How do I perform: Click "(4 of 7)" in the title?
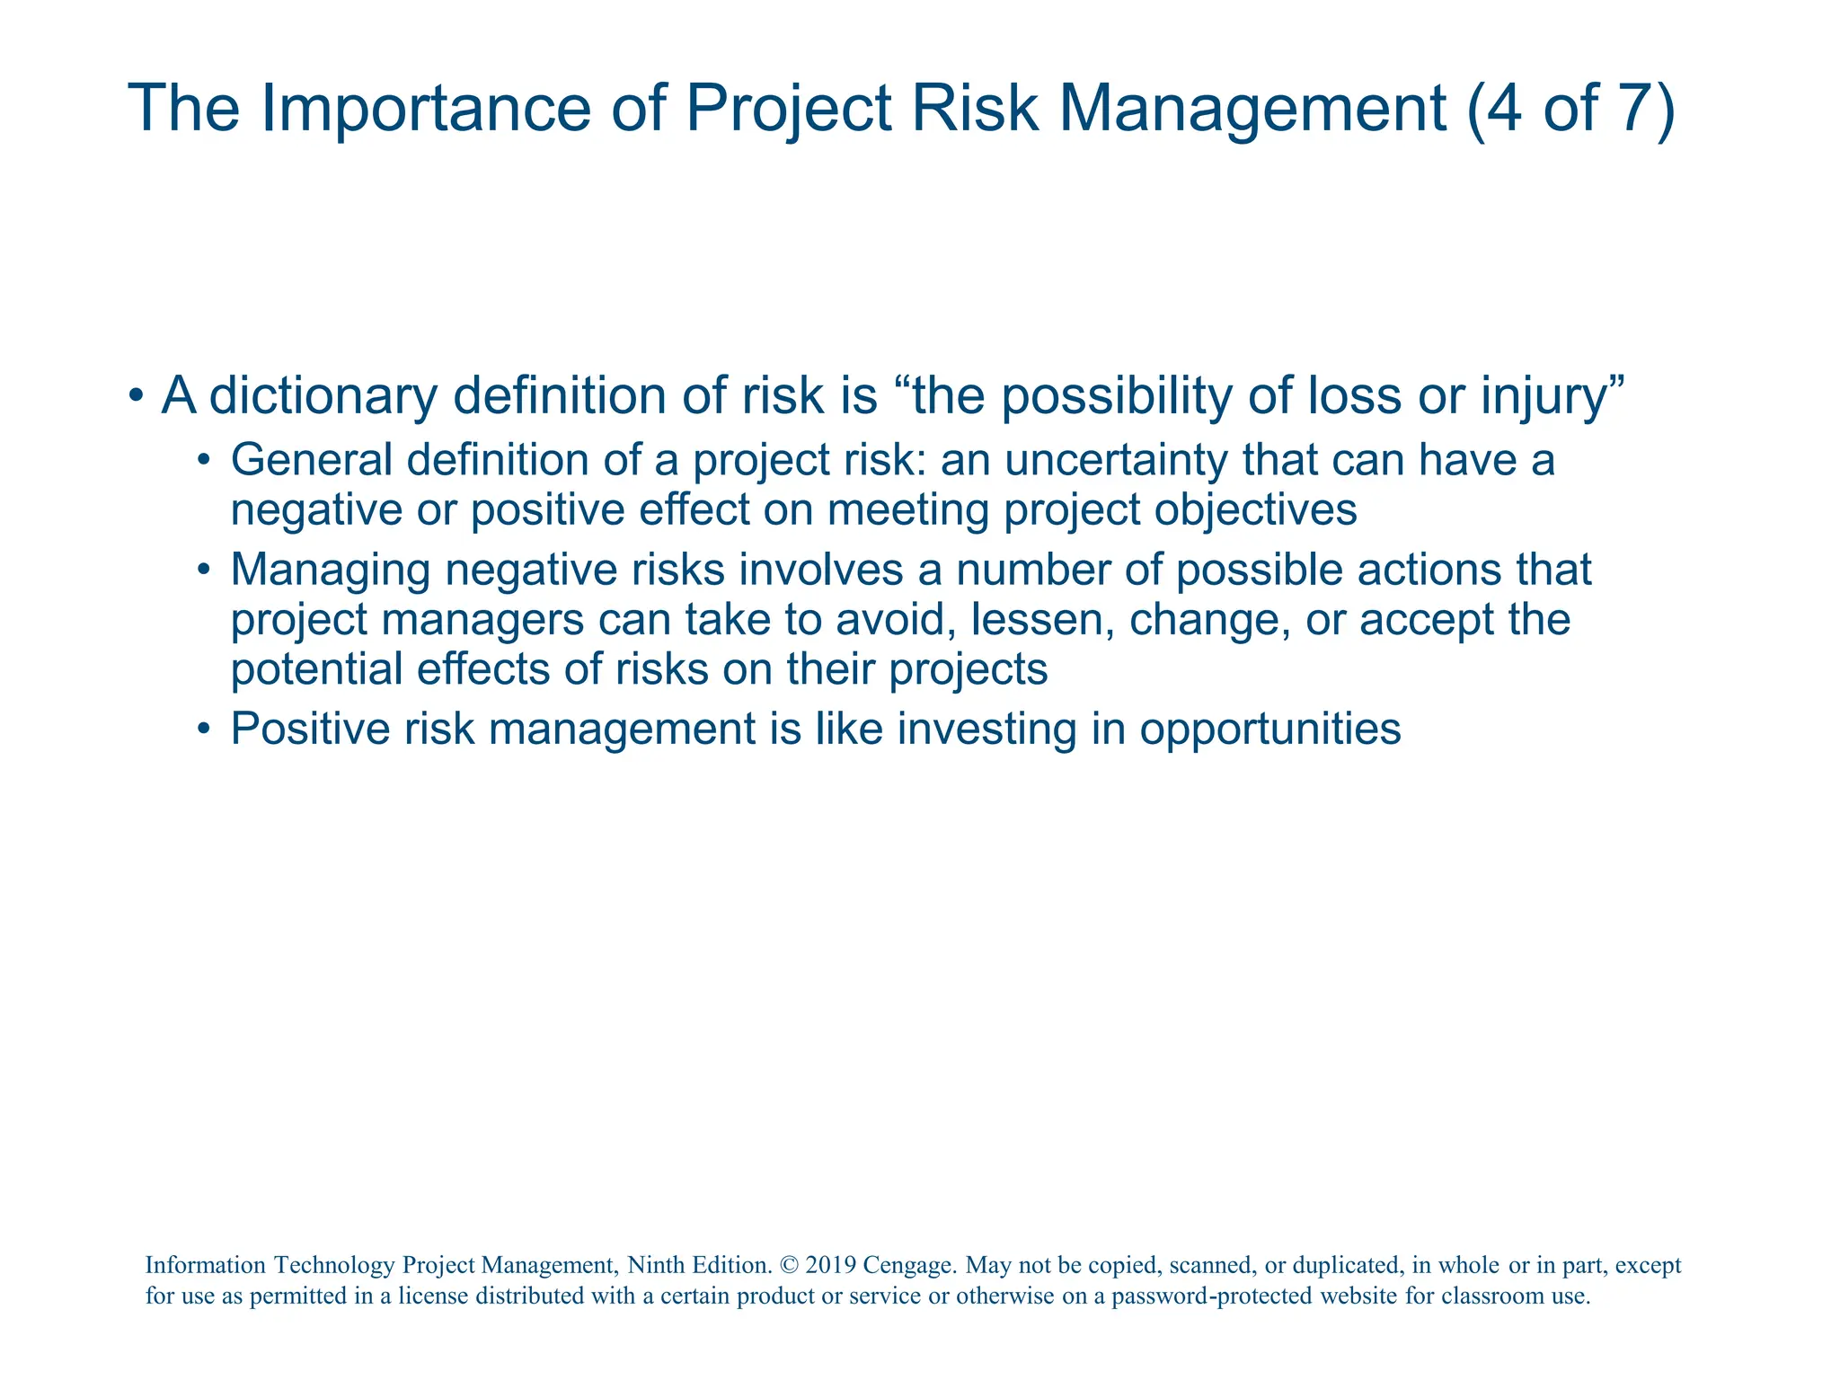[x=1570, y=108]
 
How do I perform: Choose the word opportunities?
[x=1270, y=729]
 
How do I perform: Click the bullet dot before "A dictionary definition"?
[x=135, y=396]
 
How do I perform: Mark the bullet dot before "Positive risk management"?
[x=204, y=729]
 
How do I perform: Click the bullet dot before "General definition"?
[x=204, y=461]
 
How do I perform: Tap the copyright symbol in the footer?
[x=789, y=1265]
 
